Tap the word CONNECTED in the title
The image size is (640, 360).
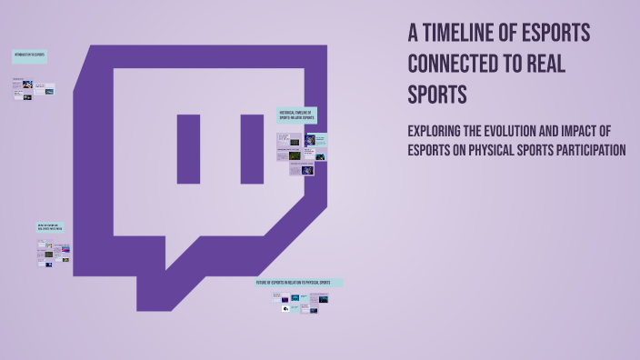445,65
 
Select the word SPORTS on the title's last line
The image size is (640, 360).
437,95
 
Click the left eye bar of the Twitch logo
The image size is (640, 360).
188,149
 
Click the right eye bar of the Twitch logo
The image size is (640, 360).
252,149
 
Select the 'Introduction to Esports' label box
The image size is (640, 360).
30,56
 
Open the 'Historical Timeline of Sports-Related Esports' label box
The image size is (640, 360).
296,115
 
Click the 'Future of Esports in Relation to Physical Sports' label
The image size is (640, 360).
299,283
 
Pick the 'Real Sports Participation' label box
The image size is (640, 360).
51,226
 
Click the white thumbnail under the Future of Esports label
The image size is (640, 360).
285,309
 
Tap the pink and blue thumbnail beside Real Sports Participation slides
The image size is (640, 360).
65,246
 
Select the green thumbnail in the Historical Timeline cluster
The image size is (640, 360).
295,155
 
